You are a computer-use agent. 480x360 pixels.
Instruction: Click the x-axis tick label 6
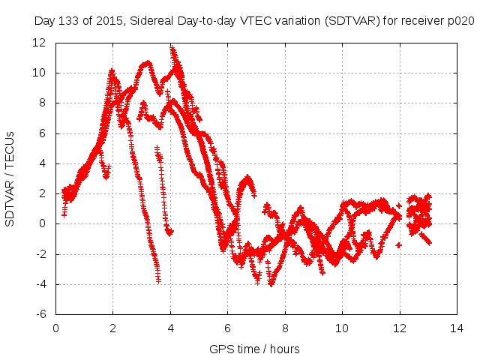click(x=228, y=328)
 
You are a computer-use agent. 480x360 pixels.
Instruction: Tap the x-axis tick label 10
click(x=342, y=328)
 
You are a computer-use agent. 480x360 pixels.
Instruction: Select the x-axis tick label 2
click(x=113, y=328)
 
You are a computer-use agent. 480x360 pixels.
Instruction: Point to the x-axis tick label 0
click(x=56, y=328)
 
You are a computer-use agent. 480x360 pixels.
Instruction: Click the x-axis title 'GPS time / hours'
click(x=254, y=349)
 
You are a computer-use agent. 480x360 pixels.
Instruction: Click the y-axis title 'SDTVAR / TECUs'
click(x=10, y=178)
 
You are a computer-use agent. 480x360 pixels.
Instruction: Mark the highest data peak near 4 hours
click(x=173, y=49)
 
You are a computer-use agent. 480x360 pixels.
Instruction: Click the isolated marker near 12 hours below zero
click(x=399, y=245)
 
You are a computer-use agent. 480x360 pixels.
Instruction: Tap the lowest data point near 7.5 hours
click(x=271, y=284)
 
